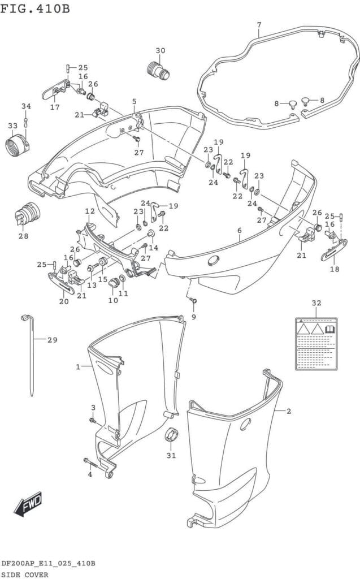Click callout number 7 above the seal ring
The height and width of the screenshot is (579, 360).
pyautogui.click(x=259, y=24)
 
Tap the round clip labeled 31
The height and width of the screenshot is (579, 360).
pyautogui.click(x=171, y=437)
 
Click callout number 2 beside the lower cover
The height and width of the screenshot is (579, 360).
pyautogui.click(x=288, y=411)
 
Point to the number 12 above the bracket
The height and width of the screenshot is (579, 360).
pyautogui.click(x=89, y=211)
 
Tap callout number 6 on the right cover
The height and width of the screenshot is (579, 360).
pyautogui.click(x=239, y=230)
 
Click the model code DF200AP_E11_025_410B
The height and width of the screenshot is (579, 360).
pyautogui.click(x=48, y=564)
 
